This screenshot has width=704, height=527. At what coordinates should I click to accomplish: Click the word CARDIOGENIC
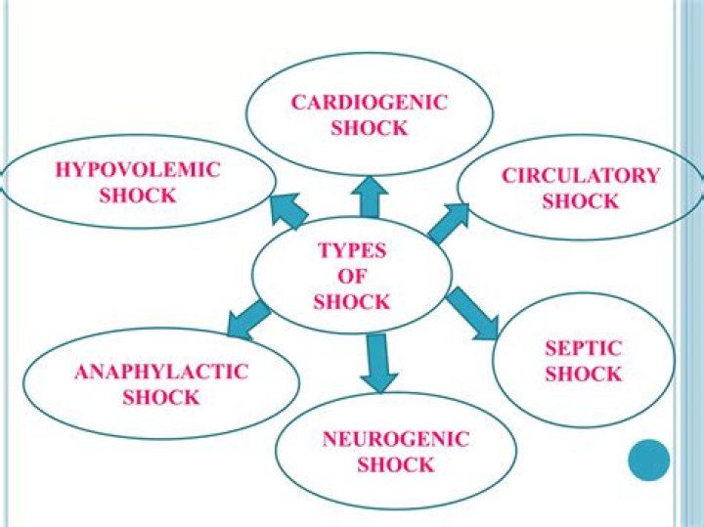tap(369, 103)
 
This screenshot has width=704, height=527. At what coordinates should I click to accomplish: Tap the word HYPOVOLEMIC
tap(138, 170)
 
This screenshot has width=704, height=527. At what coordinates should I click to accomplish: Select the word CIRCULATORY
tap(581, 176)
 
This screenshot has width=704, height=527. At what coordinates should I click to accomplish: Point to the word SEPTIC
tap(584, 348)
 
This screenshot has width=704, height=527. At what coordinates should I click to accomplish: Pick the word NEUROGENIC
tap(396, 439)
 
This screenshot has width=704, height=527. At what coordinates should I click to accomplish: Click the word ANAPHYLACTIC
tap(161, 373)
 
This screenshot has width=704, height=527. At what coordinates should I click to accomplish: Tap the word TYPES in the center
tap(352, 251)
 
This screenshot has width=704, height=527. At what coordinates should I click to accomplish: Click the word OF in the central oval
tap(352, 277)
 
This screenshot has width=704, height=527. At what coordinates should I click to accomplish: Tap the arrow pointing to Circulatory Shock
tap(448, 223)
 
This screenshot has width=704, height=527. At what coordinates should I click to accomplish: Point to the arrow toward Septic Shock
tap(472, 313)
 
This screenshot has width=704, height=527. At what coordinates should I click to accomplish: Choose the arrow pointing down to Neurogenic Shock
tap(378, 361)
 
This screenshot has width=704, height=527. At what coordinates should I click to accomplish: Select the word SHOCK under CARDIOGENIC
tap(369, 128)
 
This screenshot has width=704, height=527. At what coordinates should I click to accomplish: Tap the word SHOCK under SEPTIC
tap(584, 373)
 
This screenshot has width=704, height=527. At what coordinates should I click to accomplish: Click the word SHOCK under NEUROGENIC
tap(396, 464)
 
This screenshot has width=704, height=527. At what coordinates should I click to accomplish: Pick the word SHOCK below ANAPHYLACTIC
tap(161, 398)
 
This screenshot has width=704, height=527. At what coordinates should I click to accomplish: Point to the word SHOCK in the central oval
tap(352, 302)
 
